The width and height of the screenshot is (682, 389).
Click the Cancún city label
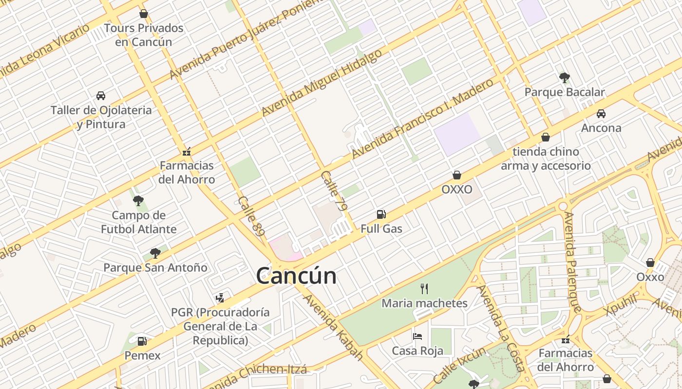tap(296, 276)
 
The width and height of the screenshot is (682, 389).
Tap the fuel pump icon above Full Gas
tap(381, 214)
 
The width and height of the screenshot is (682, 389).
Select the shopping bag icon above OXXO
tap(457, 175)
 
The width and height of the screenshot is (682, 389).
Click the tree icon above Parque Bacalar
tap(565, 77)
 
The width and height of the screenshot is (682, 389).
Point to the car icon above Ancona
tap(601, 114)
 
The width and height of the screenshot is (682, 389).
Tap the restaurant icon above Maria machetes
tap(424, 289)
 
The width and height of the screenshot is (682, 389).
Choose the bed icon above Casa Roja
tap(417, 336)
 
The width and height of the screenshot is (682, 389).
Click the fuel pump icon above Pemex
tap(142, 341)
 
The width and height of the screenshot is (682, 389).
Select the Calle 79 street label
tap(335, 191)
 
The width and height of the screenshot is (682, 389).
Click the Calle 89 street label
tap(251, 216)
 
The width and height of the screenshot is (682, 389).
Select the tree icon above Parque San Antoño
tap(155, 253)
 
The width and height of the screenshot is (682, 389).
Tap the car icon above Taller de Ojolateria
tap(101, 96)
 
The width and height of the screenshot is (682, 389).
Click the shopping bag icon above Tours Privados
tap(143, 14)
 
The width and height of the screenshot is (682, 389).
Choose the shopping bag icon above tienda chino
tap(546, 137)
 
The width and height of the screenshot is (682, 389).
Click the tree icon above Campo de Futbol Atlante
tap(138, 200)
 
